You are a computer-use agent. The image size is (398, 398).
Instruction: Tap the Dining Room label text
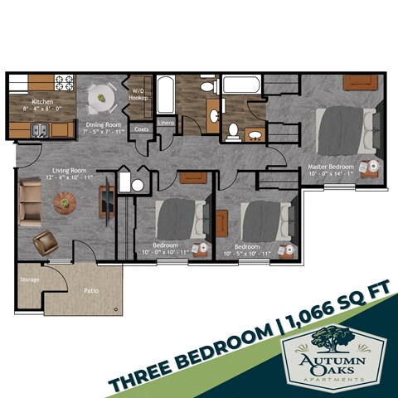coord(104,126)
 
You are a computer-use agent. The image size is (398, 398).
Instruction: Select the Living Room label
coord(58,172)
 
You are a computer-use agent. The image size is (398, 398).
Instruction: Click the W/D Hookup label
coord(138,93)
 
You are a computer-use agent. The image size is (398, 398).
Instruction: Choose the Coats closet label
coord(141,129)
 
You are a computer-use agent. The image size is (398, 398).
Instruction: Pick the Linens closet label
coord(166,124)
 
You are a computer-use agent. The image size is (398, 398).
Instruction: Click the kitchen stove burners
coord(64,83)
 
